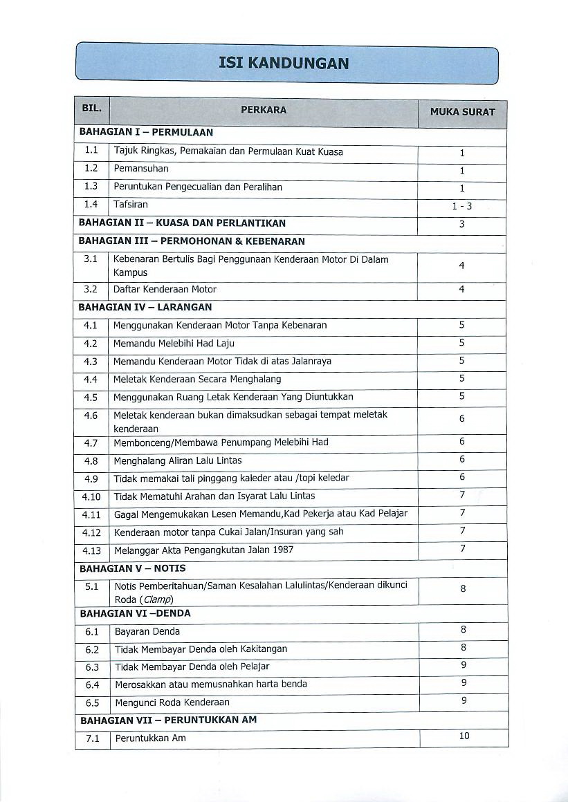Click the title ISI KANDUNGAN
pos(284,64)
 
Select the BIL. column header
pos(91,109)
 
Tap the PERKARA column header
pos(264,110)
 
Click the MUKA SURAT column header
pos(462,111)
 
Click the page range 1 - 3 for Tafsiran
pos(462,206)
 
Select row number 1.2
pos(91,169)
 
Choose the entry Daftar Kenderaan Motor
pos(165,290)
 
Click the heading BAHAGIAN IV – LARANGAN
pos(145,307)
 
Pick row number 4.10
pos(91,496)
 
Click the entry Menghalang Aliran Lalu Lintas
pos(177,460)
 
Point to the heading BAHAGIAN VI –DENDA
pos(135,613)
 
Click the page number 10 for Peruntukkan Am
pos(464,736)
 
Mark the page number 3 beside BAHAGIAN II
pos(462,224)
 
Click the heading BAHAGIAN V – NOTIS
pos(133,568)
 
